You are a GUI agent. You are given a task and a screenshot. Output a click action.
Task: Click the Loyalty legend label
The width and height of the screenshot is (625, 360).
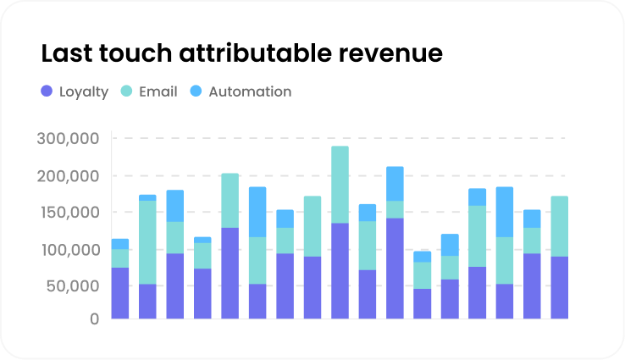[x=84, y=91]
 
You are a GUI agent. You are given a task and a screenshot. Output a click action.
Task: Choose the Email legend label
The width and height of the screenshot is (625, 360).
[x=158, y=91]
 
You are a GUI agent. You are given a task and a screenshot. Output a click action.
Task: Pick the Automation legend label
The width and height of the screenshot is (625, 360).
[x=250, y=91]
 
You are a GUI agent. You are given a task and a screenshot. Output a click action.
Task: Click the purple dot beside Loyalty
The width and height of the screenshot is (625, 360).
[x=47, y=91]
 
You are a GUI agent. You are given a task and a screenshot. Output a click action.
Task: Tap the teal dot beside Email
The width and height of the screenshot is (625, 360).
[x=126, y=91]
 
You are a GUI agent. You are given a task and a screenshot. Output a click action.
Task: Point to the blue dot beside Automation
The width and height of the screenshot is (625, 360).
[x=196, y=91]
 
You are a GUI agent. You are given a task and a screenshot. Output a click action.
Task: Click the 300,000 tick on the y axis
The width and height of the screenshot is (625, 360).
[x=69, y=138]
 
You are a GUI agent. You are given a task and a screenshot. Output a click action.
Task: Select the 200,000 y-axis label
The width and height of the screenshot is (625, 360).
[x=69, y=176]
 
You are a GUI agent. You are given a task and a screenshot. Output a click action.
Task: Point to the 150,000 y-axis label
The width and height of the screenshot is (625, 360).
[x=69, y=212]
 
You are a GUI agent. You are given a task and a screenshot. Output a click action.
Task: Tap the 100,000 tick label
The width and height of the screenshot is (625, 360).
[x=69, y=250]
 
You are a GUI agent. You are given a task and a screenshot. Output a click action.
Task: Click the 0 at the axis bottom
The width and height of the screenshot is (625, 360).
[x=94, y=318]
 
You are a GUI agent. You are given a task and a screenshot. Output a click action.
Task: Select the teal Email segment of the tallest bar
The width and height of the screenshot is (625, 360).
[x=340, y=185]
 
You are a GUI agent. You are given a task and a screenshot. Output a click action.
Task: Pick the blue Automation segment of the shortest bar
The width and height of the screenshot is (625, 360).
[x=422, y=256]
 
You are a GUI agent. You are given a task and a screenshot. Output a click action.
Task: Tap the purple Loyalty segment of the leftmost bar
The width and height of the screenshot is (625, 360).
[x=120, y=293]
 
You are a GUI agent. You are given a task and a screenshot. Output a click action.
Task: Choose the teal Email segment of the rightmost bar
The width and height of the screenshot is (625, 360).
[x=559, y=226]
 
